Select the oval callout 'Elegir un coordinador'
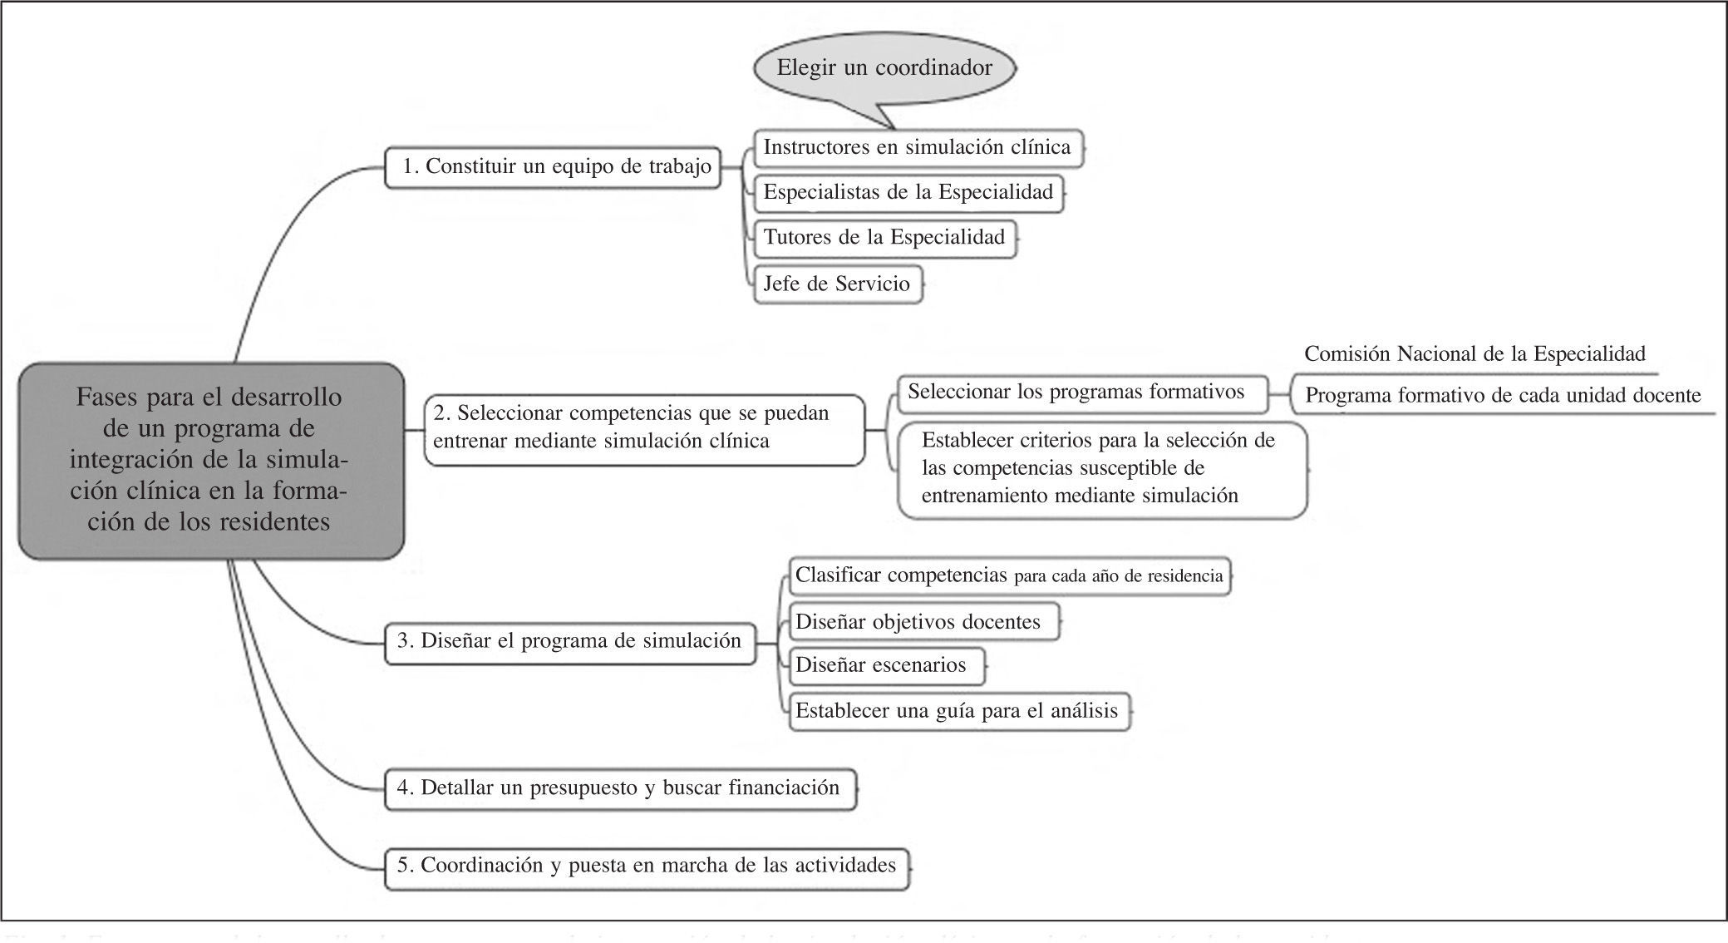(x=884, y=68)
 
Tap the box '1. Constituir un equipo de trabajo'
(x=554, y=167)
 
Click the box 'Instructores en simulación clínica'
(x=918, y=148)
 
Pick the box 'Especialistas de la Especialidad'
(x=908, y=193)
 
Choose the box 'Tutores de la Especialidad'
(x=884, y=238)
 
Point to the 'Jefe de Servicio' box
(x=837, y=284)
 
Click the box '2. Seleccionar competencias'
(x=643, y=427)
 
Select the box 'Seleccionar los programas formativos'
(x=1081, y=393)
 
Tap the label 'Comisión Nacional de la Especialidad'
(x=1474, y=355)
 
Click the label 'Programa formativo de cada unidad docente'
(x=1502, y=396)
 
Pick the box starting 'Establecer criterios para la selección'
(x=1101, y=469)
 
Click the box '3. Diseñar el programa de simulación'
(x=570, y=642)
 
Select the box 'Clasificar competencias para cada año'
(x=1008, y=575)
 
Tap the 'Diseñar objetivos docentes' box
(x=923, y=622)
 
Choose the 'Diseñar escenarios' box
(x=885, y=665)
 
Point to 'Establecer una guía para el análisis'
(x=958, y=711)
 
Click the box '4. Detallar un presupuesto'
(x=619, y=788)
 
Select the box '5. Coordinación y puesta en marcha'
(x=646, y=866)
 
